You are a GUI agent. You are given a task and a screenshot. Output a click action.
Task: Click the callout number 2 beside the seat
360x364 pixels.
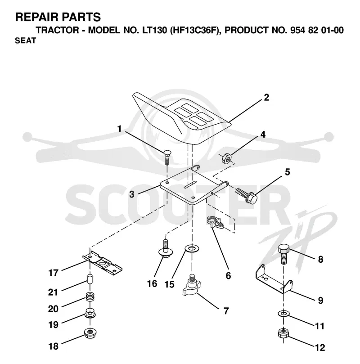coord(266,97)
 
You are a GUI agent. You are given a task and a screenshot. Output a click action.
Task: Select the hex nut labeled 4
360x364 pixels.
coord(226,158)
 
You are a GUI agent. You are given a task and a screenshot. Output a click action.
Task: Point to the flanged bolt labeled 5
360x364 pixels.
coord(246,195)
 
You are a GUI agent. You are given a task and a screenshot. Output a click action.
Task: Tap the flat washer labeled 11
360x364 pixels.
coord(283,314)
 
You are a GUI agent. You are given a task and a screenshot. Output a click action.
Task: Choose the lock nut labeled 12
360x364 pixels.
coord(283,334)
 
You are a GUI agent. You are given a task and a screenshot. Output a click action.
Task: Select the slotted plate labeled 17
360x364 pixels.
coord(102,263)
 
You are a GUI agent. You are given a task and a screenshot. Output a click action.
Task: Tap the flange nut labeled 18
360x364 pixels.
coord(90,333)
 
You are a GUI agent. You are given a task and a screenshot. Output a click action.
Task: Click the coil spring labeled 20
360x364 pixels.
coord(90,297)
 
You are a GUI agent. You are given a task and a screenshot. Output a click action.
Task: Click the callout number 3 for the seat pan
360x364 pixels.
coord(132,194)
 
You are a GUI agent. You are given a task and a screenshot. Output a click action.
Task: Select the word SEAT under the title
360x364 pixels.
coord(26,40)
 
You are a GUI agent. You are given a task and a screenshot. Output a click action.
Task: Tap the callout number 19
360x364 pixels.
coord(53,324)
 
